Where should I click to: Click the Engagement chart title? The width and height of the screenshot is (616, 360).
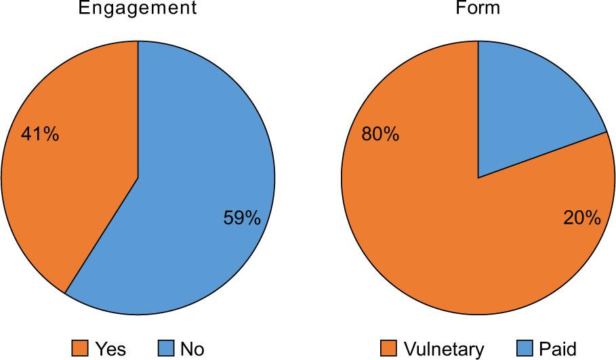tap(138, 8)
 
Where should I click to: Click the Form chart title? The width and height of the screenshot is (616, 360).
tap(478, 8)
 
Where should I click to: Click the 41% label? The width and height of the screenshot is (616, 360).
tap(39, 134)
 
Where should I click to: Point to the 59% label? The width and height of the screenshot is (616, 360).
tap(241, 218)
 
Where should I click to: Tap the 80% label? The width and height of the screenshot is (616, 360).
tap(380, 134)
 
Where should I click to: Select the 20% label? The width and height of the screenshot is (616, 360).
tap(581, 218)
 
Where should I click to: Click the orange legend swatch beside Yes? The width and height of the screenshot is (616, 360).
tap(80, 349)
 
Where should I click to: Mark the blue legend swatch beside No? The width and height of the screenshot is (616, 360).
tap(167, 349)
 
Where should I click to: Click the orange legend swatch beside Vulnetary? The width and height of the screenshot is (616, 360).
tap(389, 349)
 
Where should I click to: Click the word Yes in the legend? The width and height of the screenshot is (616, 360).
tap(110, 349)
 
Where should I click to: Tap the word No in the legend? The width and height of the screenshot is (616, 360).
tap(192, 349)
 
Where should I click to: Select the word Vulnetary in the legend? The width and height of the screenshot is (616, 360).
tap(444, 349)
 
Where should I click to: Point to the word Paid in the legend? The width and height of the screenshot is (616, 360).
tap(558, 349)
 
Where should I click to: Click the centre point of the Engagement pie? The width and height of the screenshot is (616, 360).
tap(138, 178)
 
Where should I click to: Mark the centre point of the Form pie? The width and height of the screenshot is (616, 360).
tap(478, 178)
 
